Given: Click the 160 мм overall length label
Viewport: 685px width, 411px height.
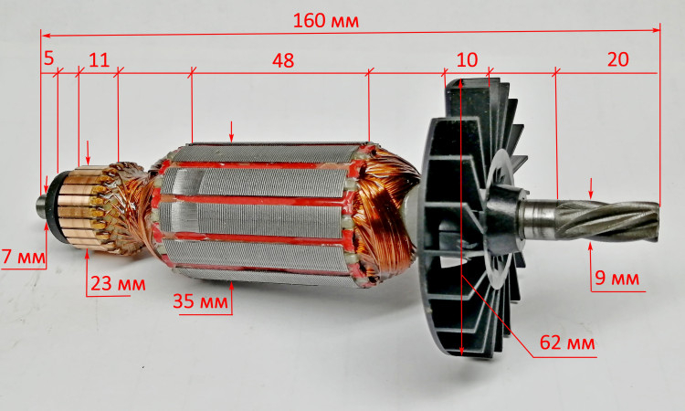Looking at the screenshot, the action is click(325, 20).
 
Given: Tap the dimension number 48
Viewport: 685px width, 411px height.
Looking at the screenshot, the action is click(283, 60).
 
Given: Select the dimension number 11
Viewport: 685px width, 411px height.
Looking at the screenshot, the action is click(99, 60).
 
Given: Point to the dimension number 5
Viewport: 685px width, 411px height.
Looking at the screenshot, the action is click(48, 58).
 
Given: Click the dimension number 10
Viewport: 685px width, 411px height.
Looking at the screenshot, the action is click(467, 60).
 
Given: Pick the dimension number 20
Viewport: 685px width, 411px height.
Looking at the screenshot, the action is click(617, 59).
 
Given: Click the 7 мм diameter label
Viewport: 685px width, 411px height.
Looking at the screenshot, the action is click(24, 257).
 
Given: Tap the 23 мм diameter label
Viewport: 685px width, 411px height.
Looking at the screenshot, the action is click(118, 284).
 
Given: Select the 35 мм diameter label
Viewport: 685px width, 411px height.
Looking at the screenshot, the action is click(201, 300).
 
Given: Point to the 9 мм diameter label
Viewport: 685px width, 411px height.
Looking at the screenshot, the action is click(616, 279).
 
